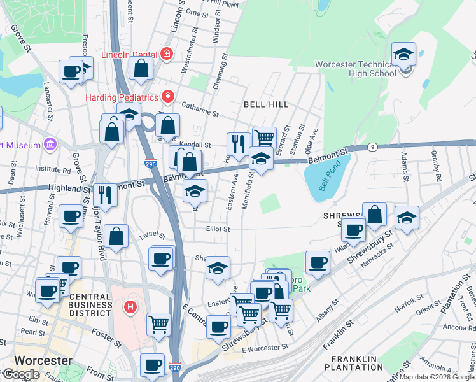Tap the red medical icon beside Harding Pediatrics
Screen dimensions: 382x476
(167, 97)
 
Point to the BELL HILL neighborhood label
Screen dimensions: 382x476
(266, 104)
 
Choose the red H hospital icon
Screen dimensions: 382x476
(130, 308)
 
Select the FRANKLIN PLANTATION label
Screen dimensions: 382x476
(354, 363)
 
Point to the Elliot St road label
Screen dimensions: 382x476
(217, 229)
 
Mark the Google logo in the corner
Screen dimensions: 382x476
(21, 374)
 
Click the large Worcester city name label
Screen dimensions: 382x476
(43, 360)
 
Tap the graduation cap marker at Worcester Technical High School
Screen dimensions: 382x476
(403, 55)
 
